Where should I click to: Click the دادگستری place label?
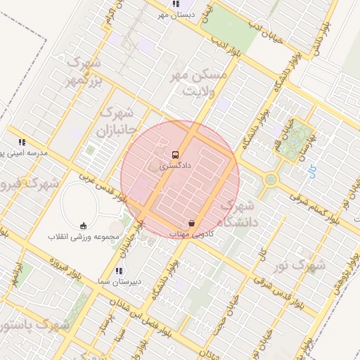click(164, 167)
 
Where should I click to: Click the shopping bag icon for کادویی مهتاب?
click(191, 222)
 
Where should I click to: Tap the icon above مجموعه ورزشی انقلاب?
click(84, 226)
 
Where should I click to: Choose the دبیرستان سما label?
click(118, 281)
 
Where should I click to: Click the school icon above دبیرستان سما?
click(118, 270)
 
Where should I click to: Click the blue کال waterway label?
click(311, 169)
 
